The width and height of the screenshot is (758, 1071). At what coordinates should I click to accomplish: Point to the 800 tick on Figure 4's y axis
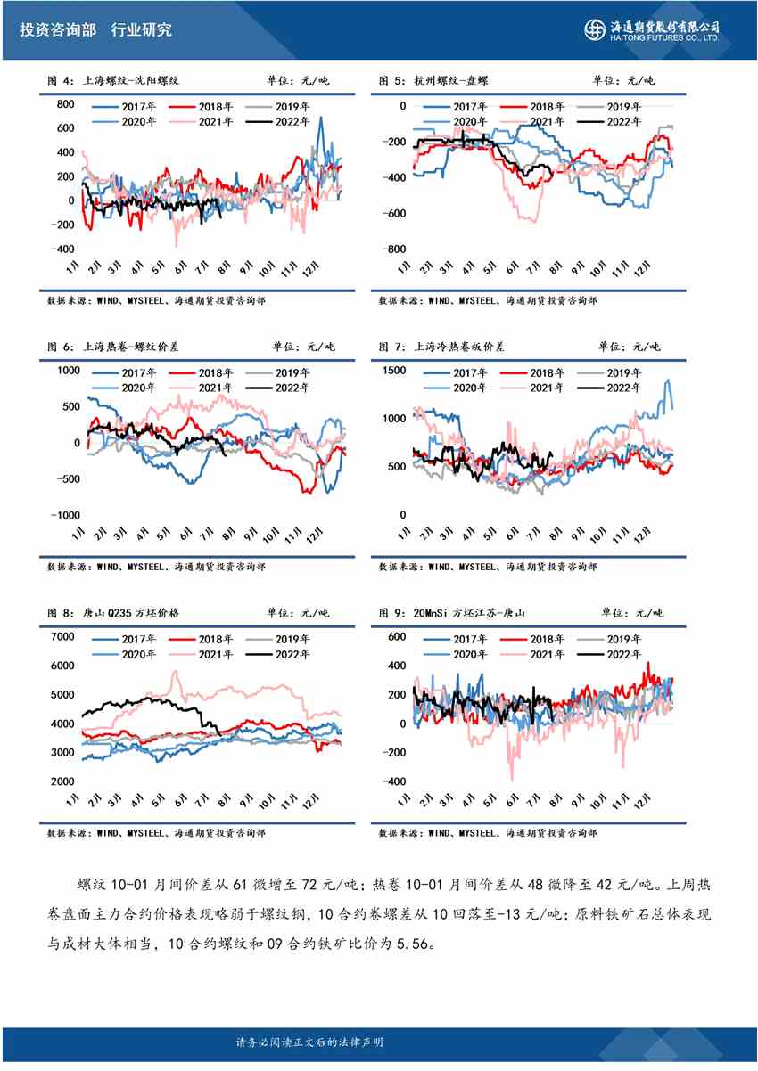click(x=64, y=105)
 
